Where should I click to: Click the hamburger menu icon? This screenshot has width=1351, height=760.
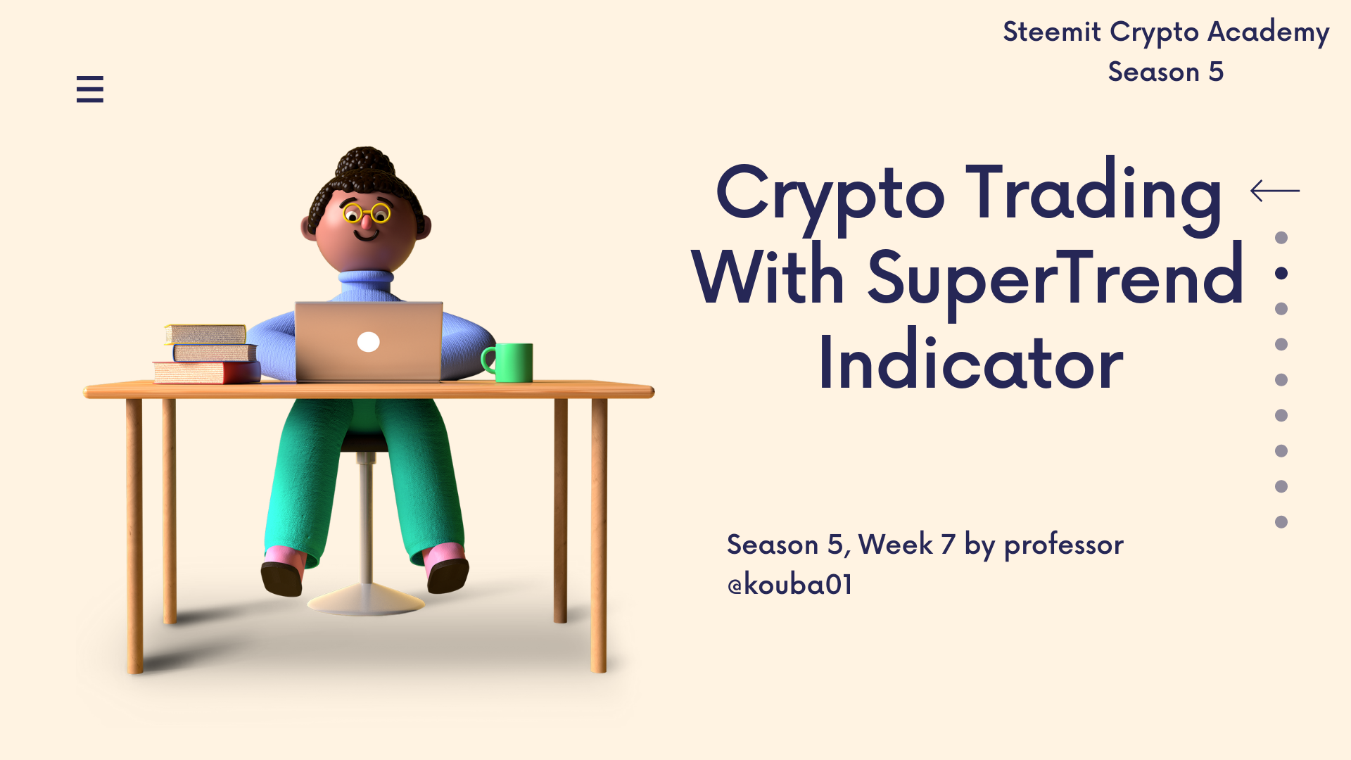[90, 89]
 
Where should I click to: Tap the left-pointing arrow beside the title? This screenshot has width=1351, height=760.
[1275, 190]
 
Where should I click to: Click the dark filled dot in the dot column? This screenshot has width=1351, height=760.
[1281, 273]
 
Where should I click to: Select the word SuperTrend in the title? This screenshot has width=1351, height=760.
[1055, 279]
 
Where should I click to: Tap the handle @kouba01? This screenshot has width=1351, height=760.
[789, 585]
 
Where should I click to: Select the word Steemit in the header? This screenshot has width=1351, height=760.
[1052, 32]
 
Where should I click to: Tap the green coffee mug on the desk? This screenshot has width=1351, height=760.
[508, 362]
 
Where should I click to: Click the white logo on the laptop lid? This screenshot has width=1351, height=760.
[369, 342]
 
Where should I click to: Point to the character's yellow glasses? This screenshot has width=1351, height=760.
[367, 212]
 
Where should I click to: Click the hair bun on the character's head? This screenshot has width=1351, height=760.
[364, 160]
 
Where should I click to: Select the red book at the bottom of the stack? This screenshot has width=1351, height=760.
[207, 372]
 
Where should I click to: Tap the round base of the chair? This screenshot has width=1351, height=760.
[366, 602]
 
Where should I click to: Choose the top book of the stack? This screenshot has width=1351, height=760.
[205, 334]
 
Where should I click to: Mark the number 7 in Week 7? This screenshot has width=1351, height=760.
[948, 544]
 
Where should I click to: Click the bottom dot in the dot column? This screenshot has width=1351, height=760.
[1281, 522]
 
